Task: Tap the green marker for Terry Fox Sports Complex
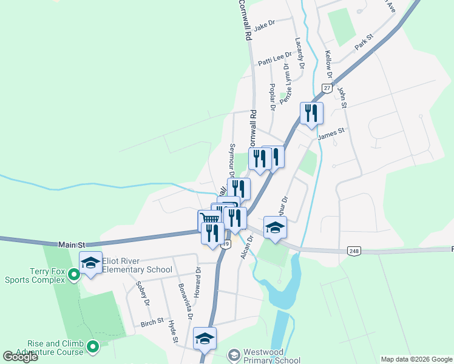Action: [x=74, y=275]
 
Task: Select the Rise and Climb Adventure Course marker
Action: [x=92, y=347]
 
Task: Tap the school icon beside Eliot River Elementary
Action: [x=90, y=263]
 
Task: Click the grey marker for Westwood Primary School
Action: [x=234, y=354]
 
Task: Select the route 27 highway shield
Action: [x=327, y=89]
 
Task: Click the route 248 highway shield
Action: [x=354, y=250]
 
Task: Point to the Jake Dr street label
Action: [x=265, y=24]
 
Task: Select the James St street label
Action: [x=332, y=130]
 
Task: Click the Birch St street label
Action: [x=152, y=321]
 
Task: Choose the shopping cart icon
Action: [x=209, y=219]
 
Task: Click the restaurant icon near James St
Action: [x=311, y=113]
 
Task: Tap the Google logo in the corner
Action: [x=21, y=357]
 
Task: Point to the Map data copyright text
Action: [x=416, y=359]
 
